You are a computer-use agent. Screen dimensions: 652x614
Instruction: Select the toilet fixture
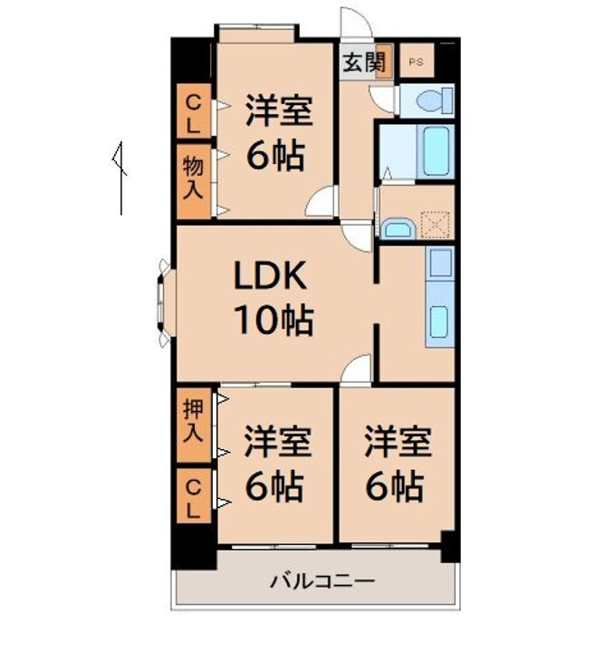coord(431,101)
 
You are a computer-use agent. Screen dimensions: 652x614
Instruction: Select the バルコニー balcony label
coord(321,580)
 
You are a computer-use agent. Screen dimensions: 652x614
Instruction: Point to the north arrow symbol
coord(120,177)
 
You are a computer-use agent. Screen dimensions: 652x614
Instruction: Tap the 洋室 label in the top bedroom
coord(279,112)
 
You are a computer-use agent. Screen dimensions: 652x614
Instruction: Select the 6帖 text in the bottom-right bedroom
coord(395,487)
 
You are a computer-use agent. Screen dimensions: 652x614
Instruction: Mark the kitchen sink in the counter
coord(439,321)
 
